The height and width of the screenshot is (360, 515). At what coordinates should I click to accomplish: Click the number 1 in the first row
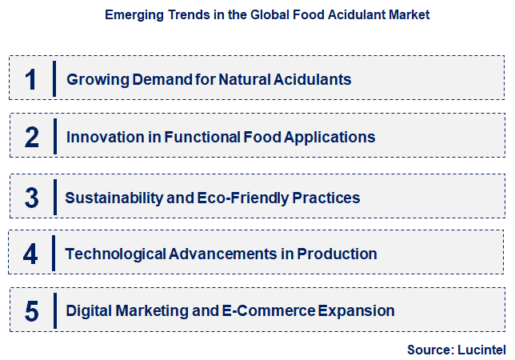31,79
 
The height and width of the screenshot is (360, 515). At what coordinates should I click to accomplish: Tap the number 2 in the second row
31,137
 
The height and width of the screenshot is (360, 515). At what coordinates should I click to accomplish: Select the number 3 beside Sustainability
31,197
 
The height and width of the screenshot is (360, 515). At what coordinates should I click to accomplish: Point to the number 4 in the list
31,254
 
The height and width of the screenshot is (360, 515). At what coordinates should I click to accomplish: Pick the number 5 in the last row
31,310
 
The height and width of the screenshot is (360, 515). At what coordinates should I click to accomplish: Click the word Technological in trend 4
115,254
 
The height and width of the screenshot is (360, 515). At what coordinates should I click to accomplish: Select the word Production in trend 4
337,254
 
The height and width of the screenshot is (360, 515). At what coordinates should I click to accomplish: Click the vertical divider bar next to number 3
54,197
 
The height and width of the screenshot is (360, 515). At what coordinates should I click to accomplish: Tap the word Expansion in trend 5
357,310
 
